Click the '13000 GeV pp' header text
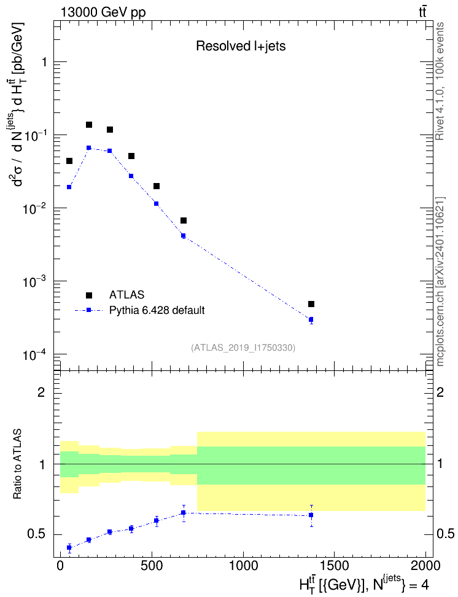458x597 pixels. (x=103, y=13)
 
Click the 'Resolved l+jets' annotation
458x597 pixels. (x=241, y=46)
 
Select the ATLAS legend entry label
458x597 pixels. (x=126, y=295)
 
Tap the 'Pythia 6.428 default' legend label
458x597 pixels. (x=157, y=310)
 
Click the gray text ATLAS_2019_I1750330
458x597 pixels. (x=243, y=348)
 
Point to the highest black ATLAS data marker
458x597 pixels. (x=89, y=125)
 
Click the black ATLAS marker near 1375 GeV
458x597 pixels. (x=311, y=304)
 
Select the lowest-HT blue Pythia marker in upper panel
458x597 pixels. (x=69, y=187)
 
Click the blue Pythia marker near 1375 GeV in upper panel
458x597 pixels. (x=311, y=319)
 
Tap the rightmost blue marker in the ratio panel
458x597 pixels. (x=311, y=515)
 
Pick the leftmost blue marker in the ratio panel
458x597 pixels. (x=69, y=547)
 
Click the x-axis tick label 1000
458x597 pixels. (x=243, y=566)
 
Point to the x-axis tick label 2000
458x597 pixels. (x=425, y=566)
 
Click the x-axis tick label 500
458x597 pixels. (x=152, y=566)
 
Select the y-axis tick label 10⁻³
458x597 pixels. (x=34, y=282)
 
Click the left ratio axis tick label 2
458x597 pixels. (x=41, y=392)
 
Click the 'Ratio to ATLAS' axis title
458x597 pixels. (x=17, y=464)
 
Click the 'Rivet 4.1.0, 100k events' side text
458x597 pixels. (x=440, y=81)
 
